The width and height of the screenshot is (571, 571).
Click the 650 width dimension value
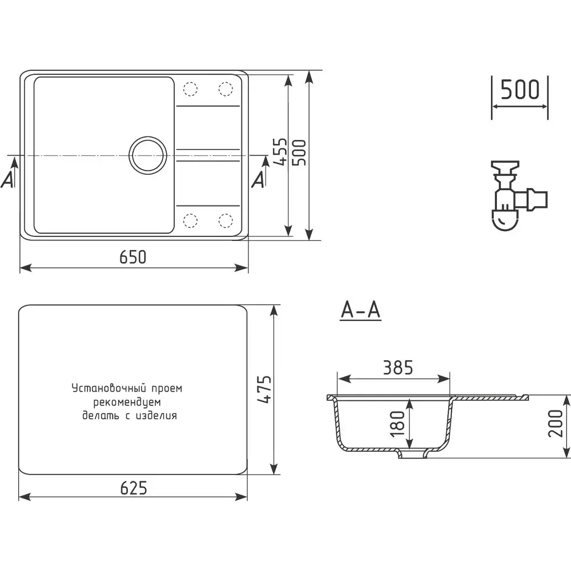[133, 257]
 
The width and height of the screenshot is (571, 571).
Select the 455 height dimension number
[280, 152]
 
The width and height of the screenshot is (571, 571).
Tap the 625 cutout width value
[134, 488]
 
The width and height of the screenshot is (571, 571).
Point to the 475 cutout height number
[264, 389]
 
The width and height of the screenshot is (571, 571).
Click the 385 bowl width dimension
[398, 368]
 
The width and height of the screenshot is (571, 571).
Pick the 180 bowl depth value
[397, 424]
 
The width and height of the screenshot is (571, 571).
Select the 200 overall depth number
[556, 423]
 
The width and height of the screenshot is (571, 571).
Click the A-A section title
[360, 310]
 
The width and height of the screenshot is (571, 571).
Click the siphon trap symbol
[518, 196]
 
